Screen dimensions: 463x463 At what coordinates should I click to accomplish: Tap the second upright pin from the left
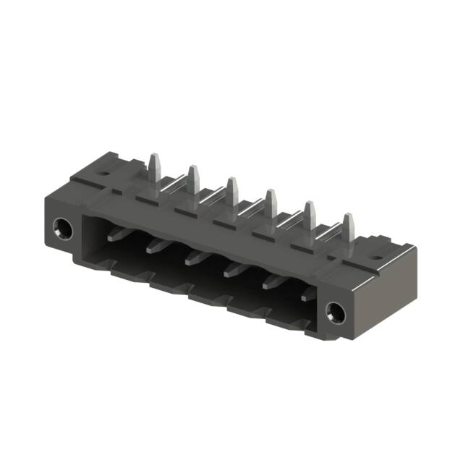193,180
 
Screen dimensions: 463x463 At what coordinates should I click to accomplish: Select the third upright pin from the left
231,192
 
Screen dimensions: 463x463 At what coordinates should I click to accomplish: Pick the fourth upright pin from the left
270,204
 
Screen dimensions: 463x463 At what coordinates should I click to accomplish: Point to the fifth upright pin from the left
309,216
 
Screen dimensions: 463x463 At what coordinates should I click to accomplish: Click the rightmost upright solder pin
348,228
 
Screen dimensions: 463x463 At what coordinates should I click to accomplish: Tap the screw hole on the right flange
334,313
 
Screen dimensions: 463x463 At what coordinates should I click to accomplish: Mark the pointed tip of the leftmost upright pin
153,156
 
